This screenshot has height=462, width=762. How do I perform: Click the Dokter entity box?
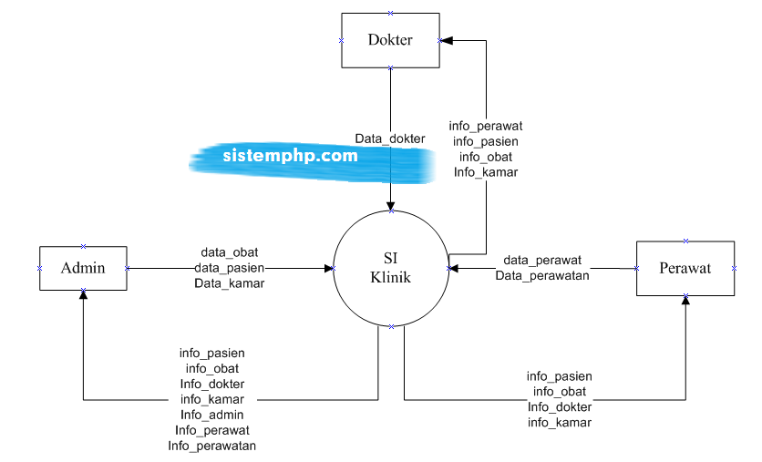390,40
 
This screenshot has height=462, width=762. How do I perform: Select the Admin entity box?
83,268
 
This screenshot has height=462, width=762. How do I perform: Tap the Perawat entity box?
685,268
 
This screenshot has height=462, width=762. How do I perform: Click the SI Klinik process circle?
391,268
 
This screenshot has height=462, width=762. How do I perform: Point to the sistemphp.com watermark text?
290,155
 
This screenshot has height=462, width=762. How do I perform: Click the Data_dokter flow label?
390,139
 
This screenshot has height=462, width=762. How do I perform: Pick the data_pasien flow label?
229,268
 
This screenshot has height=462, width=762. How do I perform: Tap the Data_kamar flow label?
229,283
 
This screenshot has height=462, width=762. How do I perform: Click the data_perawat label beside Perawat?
542,260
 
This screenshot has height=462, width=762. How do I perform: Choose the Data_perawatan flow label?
542,275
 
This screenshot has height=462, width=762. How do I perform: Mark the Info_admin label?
211,415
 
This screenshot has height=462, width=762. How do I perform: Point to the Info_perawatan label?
211,446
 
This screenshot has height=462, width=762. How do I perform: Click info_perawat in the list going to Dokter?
486,126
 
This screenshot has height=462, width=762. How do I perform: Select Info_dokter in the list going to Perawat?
559,406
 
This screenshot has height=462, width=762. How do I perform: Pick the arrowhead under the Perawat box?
685,302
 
